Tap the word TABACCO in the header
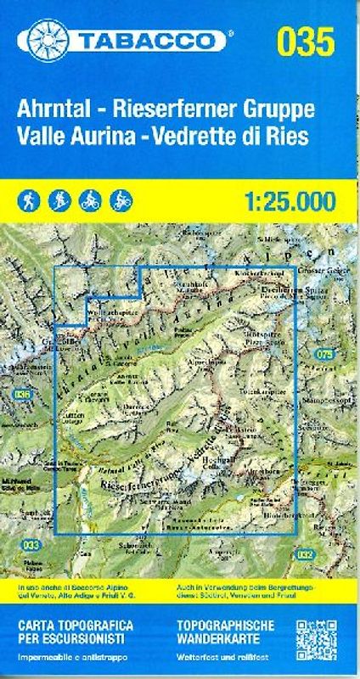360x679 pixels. pyautogui.click(x=145, y=40)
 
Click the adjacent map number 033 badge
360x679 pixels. pyautogui.click(x=31, y=545)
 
